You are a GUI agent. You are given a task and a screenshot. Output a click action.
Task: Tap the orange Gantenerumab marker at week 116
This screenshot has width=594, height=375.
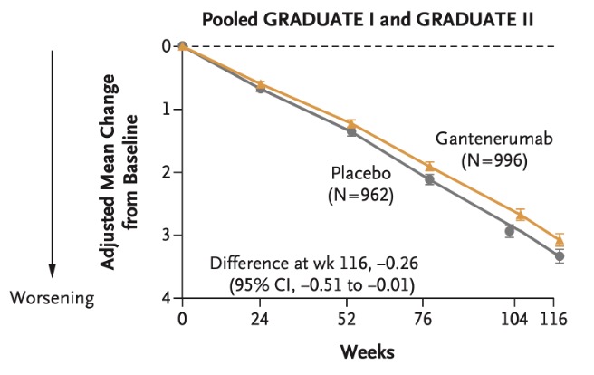560,239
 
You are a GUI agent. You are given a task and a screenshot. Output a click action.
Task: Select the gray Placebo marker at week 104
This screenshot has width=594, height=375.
510,231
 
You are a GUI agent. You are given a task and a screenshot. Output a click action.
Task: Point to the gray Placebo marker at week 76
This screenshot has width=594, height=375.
429,179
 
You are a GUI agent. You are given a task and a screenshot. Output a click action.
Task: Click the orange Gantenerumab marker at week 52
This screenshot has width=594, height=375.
350,123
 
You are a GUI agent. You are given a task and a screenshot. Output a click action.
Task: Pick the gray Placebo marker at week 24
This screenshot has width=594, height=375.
261,88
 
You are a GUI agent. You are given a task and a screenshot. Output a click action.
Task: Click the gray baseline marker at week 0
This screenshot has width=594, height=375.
183,46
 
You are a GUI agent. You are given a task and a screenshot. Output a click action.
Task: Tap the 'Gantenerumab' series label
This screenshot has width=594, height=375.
493,141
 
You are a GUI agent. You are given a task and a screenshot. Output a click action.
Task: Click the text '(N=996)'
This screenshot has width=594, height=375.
493,161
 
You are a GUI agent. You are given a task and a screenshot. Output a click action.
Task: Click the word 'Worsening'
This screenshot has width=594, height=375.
53,296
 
